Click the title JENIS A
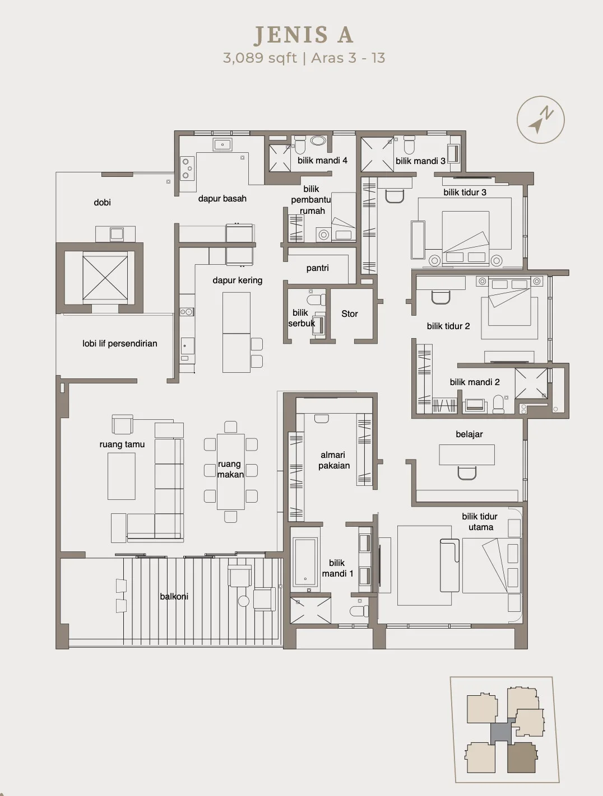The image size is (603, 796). (303, 35)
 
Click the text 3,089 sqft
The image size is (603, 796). (259, 58)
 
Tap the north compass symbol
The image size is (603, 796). (541, 120)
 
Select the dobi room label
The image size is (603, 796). (102, 202)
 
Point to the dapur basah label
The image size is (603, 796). (222, 198)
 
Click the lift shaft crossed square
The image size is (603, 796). (105, 278)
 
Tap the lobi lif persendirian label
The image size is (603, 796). (120, 344)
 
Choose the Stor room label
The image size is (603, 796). (350, 313)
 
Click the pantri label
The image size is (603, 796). (317, 268)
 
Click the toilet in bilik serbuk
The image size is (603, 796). (316, 299)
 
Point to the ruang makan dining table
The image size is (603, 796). (231, 471)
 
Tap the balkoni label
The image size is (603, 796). (174, 597)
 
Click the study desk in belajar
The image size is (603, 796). (467, 455)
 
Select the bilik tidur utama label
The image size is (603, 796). (480, 522)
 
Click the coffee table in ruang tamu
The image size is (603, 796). (122, 476)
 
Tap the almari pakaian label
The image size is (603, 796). (333, 460)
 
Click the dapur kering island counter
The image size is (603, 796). (236, 332)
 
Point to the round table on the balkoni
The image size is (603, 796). (244, 601)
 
